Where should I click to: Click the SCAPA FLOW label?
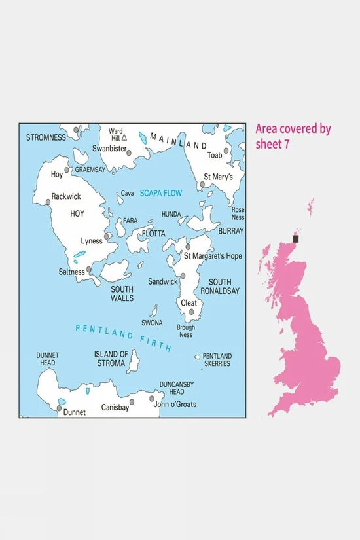tap(160, 193)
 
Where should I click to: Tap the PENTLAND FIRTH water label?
tap(124, 338)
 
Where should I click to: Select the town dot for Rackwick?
tap(48, 202)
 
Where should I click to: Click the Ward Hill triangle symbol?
tap(124, 137)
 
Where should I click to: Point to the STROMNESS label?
tap(46, 137)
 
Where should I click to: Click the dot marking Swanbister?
tap(130, 153)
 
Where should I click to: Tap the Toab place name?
tap(215, 156)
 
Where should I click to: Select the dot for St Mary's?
tap(203, 185)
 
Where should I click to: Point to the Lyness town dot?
tap(106, 236)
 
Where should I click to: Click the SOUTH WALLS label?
tap(122, 293)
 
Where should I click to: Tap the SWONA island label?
tap(152, 323)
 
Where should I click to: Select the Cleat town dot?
tap(192, 312)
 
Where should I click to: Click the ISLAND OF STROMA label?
tap(109, 358)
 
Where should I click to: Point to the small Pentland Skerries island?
tap(198, 357)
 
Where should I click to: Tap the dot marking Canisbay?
tap(133, 401)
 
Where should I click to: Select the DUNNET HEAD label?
tap(48, 359)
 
